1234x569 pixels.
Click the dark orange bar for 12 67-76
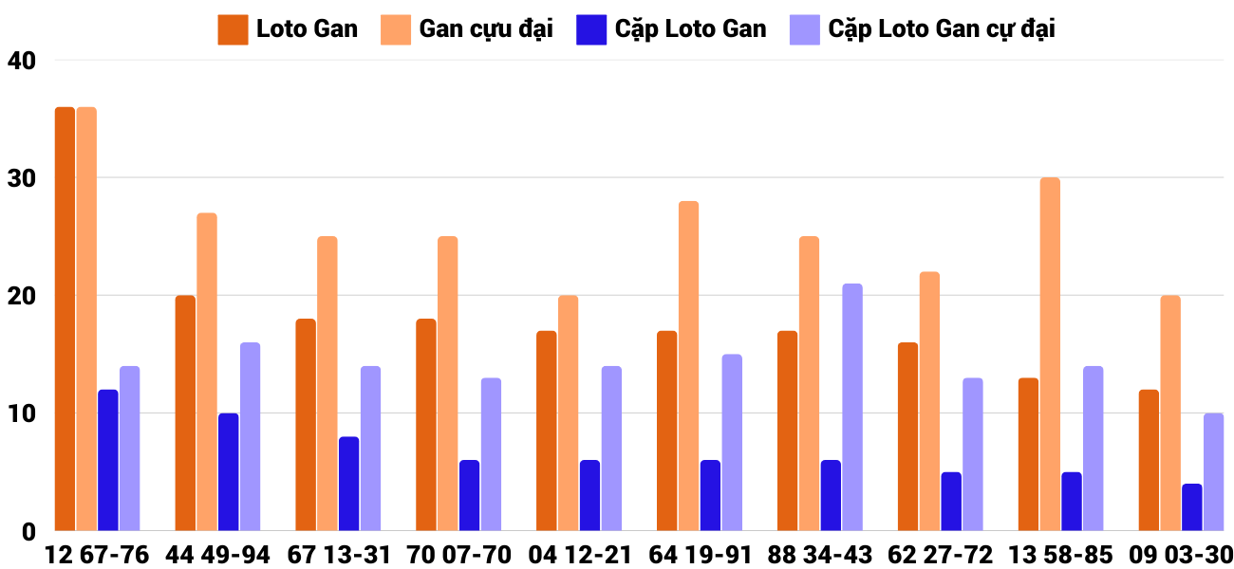[x=65, y=319]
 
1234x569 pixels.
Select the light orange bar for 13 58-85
[x=1050, y=354]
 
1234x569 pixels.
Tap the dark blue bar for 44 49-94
[x=229, y=471]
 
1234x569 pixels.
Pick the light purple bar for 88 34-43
[x=852, y=407]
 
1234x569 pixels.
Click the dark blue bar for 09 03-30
[x=1192, y=507]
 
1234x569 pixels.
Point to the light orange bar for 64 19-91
[x=688, y=365]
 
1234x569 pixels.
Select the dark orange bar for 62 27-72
[x=907, y=436]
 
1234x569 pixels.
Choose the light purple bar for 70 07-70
[x=491, y=454]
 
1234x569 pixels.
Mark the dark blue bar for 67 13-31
[x=349, y=484]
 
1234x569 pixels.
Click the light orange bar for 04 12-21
[x=568, y=413]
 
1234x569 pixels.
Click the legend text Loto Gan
[x=307, y=28]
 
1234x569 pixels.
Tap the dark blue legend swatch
[x=590, y=28]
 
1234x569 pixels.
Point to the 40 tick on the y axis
[x=20, y=61]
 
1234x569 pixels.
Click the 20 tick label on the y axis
[x=20, y=296]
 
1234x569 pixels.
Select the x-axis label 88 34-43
[x=820, y=555]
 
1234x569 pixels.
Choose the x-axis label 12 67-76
[x=97, y=555]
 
